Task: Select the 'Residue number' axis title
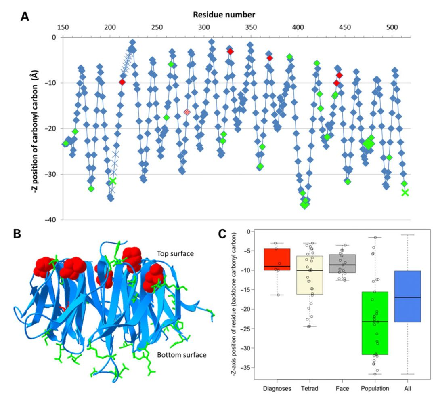pyautogui.click(x=224, y=15)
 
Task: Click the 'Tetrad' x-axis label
pyautogui.click(x=310, y=389)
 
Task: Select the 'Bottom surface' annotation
pyautogui.click(x=182, y=355)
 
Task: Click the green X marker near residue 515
pyautogui.click(x=405, y=192)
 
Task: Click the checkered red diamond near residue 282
pyautogui.click(x=187, y=112)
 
